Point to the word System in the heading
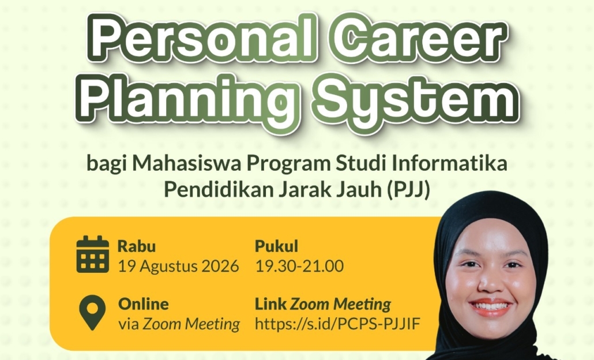point(417,99)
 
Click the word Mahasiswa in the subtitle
point(186,164)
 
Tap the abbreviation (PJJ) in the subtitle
point(409,189)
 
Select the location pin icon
point(92,313)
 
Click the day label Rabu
point(137,246)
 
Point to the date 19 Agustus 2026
point(178,266)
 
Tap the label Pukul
point(277,246)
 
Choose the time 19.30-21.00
point(300,266)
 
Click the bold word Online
point(144,304)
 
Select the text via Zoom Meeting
point(179,324)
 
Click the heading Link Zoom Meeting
point(323,304)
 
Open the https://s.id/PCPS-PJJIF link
point(337,324)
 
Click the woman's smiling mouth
point(491,306)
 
